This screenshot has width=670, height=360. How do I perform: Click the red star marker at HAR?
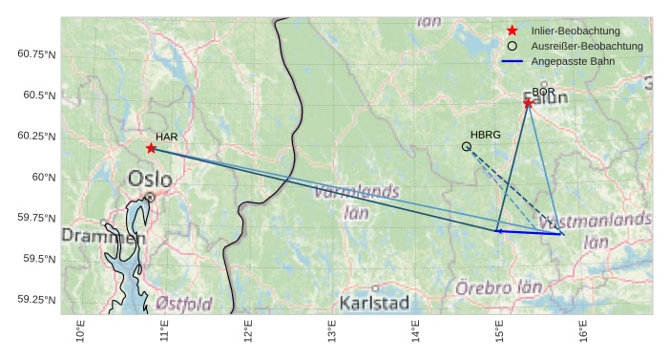pos(151,148)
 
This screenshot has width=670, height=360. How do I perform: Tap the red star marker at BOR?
pos(528,102)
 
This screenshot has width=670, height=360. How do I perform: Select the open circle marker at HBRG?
pos(466,146)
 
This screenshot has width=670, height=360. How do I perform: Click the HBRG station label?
pos(486,135)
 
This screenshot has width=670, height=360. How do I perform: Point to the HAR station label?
pos(167,137)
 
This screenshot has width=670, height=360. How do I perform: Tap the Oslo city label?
pos(150,179)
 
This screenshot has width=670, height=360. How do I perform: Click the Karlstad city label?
pos(374,304)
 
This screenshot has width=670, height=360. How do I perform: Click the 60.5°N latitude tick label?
pos(37,95)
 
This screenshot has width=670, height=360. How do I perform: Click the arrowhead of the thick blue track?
pos(497,230)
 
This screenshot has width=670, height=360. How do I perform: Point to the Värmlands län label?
pos(356,200)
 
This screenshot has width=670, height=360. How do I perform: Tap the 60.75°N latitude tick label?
pos(37,54)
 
